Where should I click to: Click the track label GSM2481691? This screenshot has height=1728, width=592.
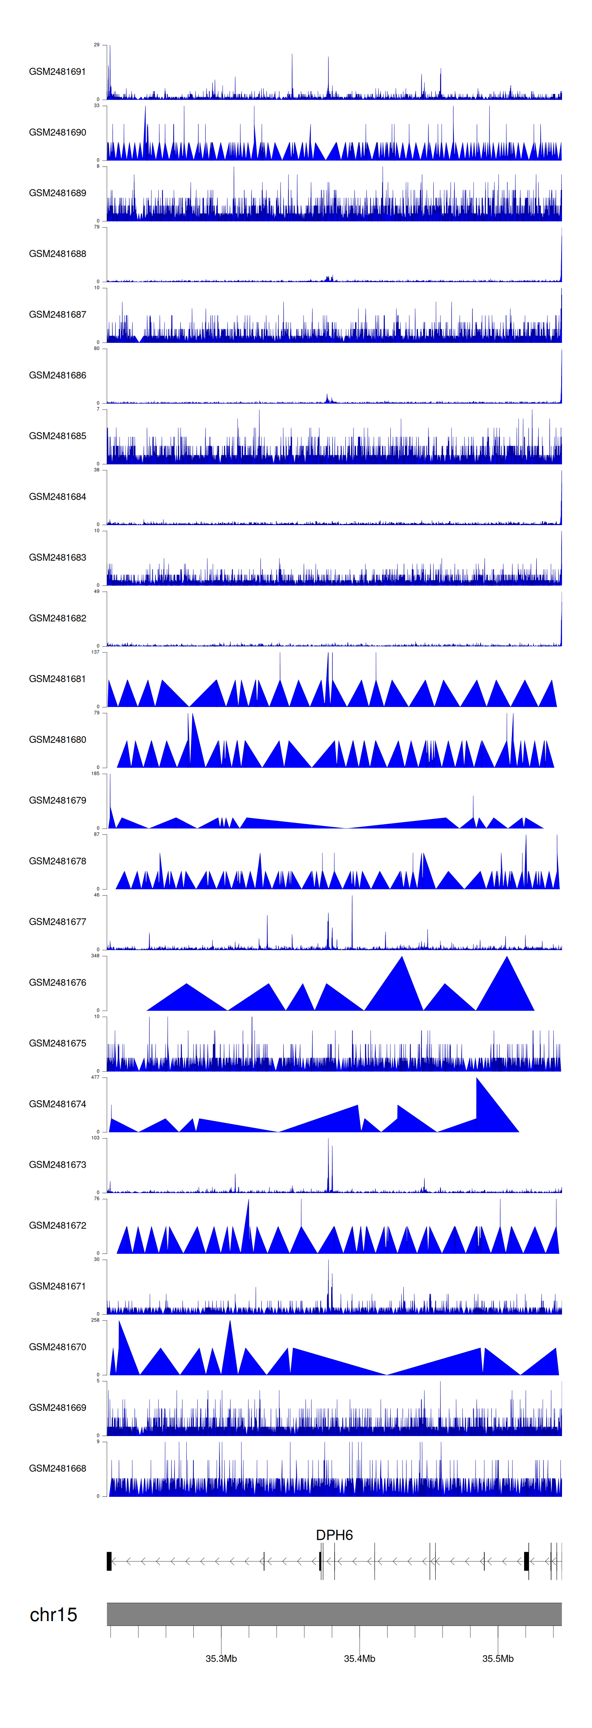pyautogui.click(x=57, y=72)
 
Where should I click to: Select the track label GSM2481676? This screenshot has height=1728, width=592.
pyautogui.click(x=57, y=982)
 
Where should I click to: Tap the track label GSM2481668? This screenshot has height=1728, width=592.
pyautogui.click(x=57, y=1468)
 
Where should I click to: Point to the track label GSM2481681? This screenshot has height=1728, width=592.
pyautogui.click(x=57, y=679)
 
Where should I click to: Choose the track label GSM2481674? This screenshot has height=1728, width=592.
pyautogui.click(x=57, y=1103)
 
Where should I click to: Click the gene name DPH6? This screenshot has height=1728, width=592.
pyautogui.click(x=334, y=1535)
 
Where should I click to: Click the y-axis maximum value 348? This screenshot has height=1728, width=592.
pyautogui.click(x=95, y=955)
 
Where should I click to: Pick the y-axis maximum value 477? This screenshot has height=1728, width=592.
pyautogui.click(x=95, y=1077)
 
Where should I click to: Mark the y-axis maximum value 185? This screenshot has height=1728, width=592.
pyautogui.click(x=95, y=773)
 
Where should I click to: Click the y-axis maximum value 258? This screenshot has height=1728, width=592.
pyautogui.click(x=95, y=1320)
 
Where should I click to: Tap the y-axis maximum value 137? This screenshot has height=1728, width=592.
pyautogui.click(x=95, y=652)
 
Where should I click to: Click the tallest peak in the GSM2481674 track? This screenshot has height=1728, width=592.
pyautogui.click(x=477, y=1080)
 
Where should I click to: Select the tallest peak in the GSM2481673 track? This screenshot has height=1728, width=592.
pyautogui.click(x=328, y=1142)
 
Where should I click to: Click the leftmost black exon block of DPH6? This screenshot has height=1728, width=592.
pyautogui.click(x=109, y=1561)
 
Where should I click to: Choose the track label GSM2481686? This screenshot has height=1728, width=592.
pyautogui.click(x=57, y=375)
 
